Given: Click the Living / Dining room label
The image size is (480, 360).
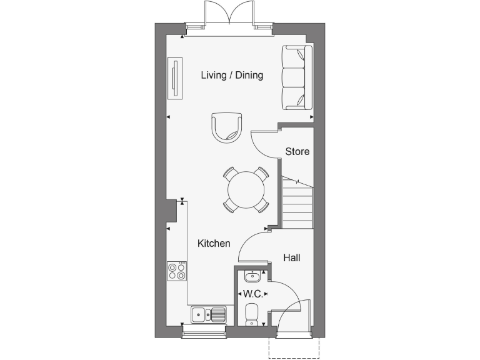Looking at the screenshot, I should pos(232,76).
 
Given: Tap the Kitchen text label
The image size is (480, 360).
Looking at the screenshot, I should pos(214,244).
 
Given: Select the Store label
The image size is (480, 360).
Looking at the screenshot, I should pos(297,151).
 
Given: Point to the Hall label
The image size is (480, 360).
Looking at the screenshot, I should pos(292,257).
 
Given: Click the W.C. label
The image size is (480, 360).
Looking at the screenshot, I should pos(252,294).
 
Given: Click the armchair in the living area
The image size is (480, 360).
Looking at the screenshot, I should pos(226,127).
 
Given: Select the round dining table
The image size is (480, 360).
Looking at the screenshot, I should pos(246,189).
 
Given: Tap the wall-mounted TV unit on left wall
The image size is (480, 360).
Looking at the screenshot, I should pos(175,78).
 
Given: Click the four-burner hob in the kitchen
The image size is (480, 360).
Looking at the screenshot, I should pos(177,271).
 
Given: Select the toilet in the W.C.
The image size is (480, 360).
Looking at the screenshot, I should pos(251,314).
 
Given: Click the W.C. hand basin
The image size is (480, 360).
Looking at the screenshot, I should pos(252,276).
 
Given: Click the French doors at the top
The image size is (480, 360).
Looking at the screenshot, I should pos(230,14).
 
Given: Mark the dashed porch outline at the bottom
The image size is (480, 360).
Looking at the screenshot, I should pos(294,350).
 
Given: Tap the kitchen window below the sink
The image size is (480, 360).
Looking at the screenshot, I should pos(204,331).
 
